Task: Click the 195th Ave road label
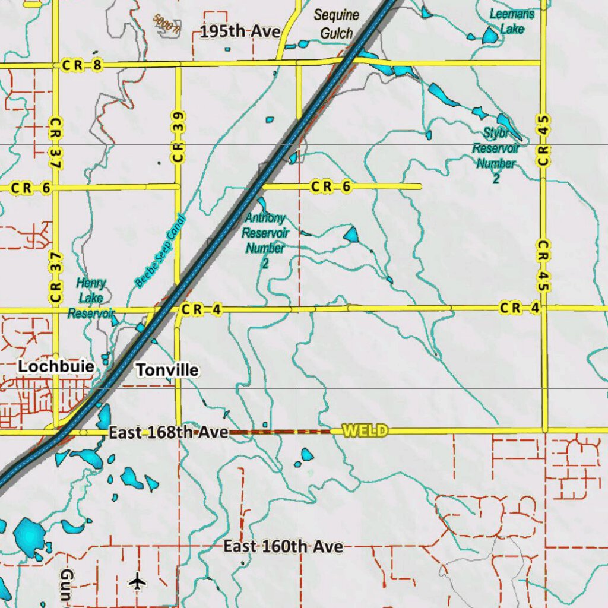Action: pyautogui.click(x=239, y=31)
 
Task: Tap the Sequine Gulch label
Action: pyautogui.click(x=337, y=24)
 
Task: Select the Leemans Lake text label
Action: pyautogui.click(x=511, y=21)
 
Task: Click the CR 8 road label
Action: pyautogui.click(x=81, y=66)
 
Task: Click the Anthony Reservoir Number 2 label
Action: pyautogui.click(x=265, y=240)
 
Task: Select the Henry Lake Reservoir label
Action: pyautogui.click(x=91, y=298)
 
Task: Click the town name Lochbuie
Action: pyautogui.click(x=56, y=366)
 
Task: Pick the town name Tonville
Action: pyautogui.click(x=167, y=370)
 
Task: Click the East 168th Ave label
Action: pyautogui.click(x=169, y=433)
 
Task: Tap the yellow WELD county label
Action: pyautogui.click(x=365, y=430)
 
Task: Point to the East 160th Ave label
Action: pyautogui.click(x=283, y=546)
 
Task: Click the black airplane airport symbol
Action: pyautogui.click(x=138, y=581)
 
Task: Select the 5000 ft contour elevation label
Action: pyautogui.click(x=166, y=24)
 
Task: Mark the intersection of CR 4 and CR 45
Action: pyautogui.click(x=544, y=308)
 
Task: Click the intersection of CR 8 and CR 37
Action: pyautogui.click(x=56, y=65)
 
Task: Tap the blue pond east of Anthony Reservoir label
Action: pyautogui.click(x=351, y=235)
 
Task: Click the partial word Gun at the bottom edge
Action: pyautogui.click(x=66, y=585)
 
